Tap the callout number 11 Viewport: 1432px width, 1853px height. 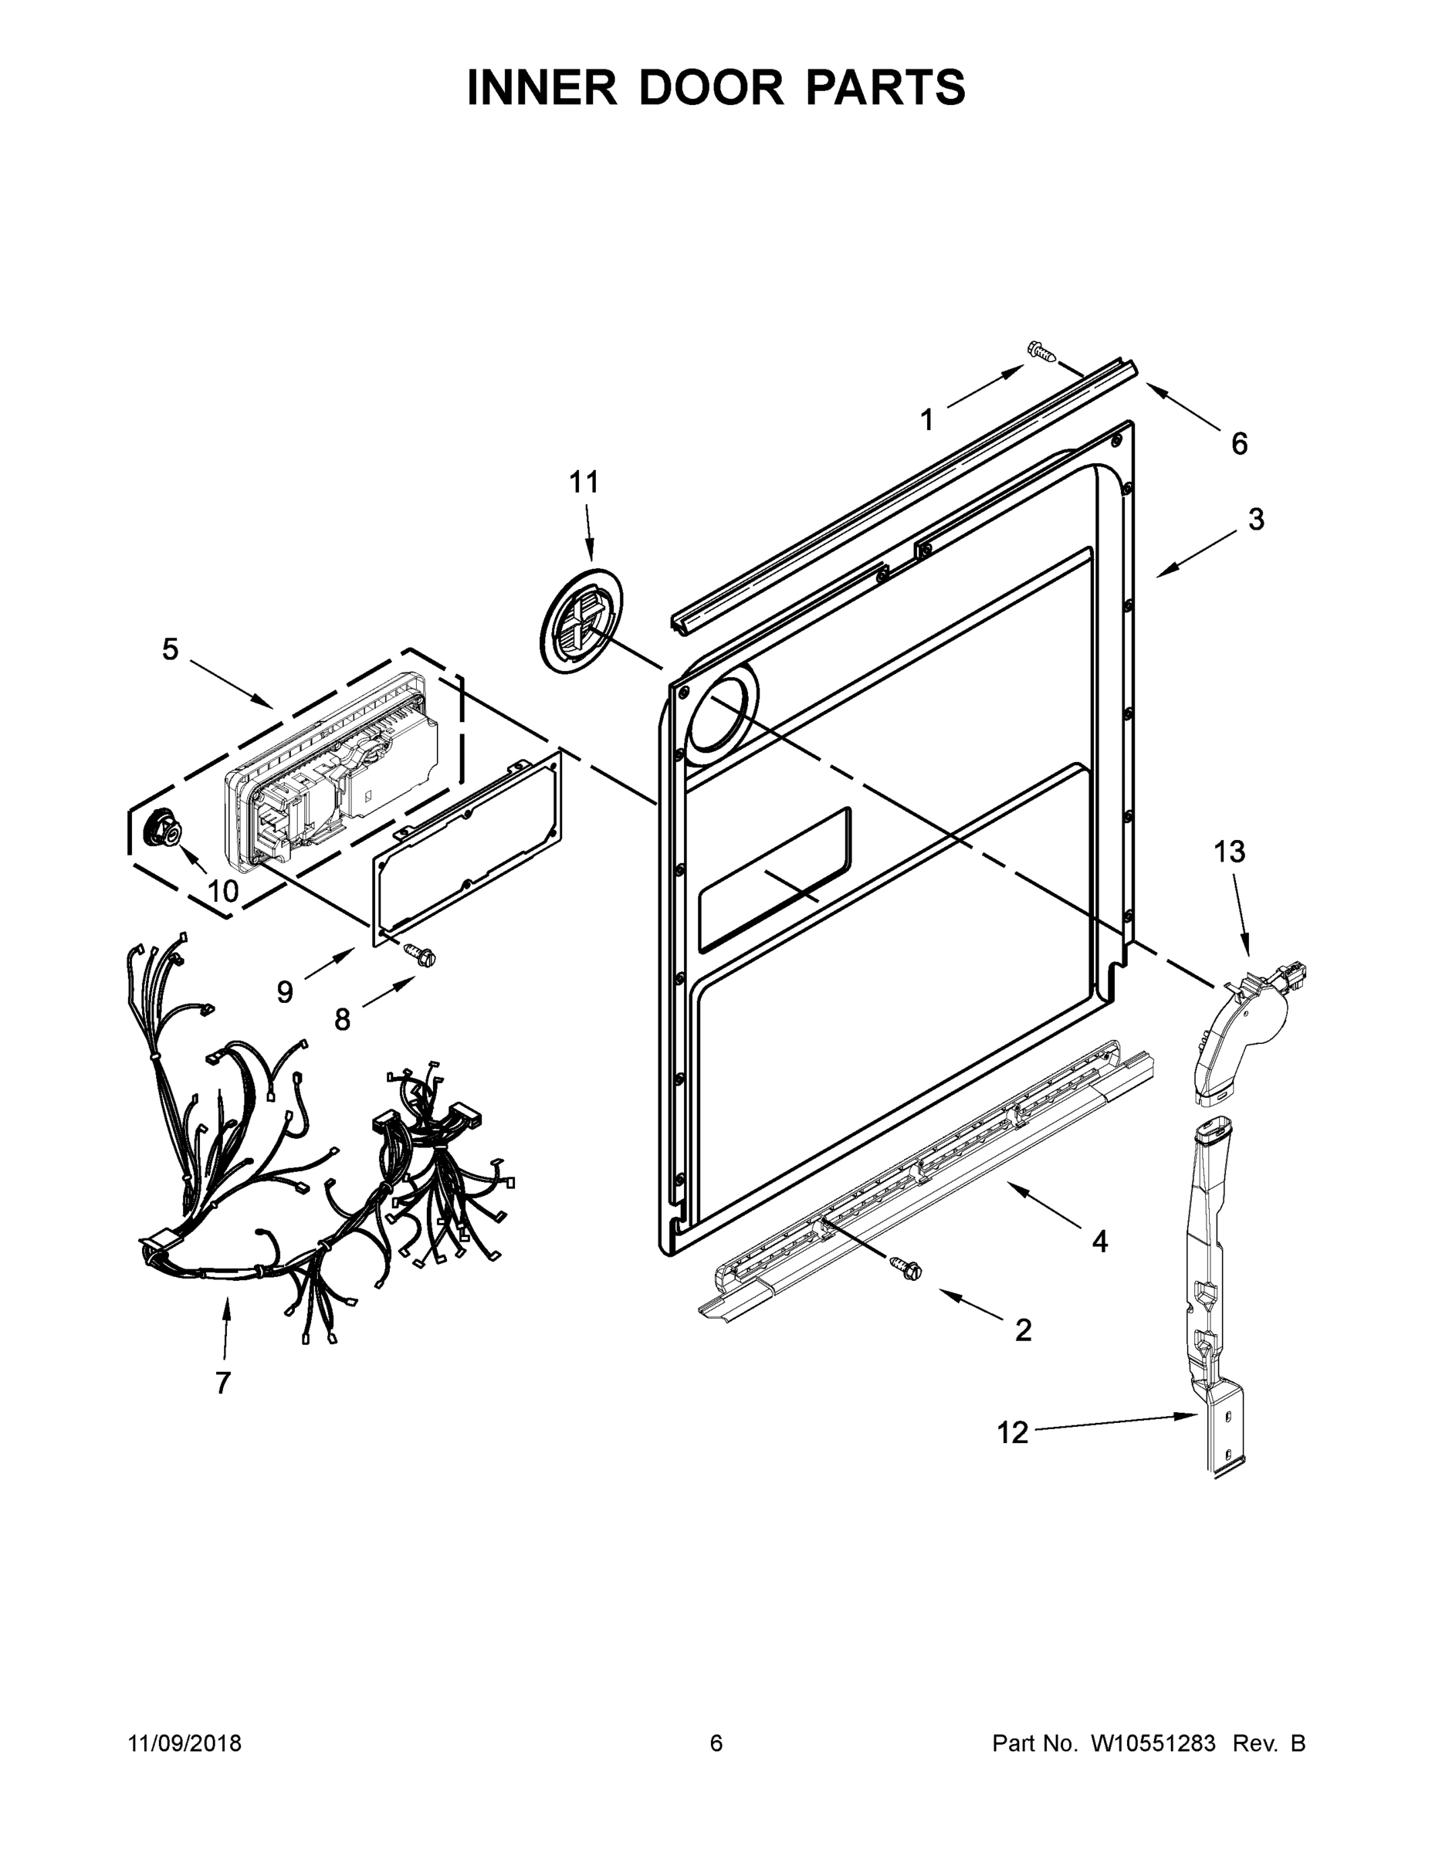pos(584,482)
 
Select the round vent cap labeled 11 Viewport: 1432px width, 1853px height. pos(581,622)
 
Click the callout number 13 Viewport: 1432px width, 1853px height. pos(1229,852)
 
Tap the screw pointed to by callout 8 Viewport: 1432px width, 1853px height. pos(421,954)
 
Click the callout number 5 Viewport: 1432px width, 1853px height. pos(171,650)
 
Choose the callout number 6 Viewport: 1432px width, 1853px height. pos(1240,443)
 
